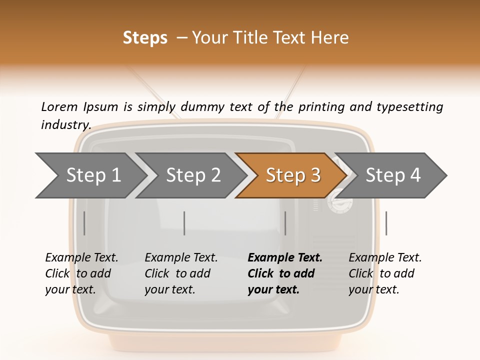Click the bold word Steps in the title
point(145,37)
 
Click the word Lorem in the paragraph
point(59,106)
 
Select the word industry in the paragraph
point(65,124)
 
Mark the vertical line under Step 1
point(84,223)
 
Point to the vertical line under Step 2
point(184,223)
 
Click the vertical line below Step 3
point(285,223)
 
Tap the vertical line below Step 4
point(386,223)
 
